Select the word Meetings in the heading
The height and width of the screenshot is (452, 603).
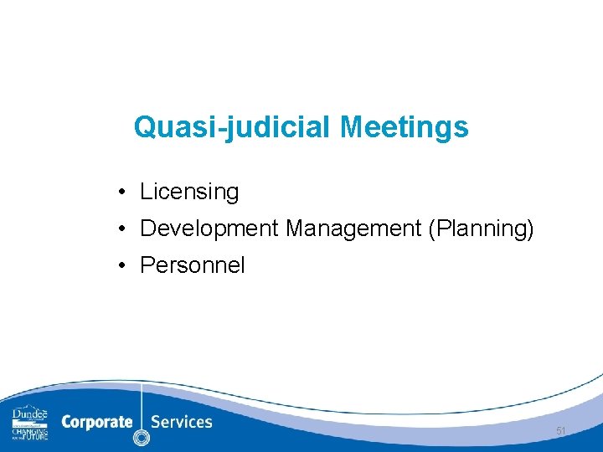click(x=405, y=128)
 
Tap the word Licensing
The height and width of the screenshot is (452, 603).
click(x=189, y=193)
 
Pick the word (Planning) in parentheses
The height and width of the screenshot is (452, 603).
click(x=481, y=229)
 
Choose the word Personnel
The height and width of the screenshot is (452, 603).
click(x=193, y=265)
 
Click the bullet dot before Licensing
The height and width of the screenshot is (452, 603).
click(x=122, y=193)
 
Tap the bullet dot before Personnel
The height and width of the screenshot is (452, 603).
click(x=122, y=266)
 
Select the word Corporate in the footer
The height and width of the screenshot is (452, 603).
click(x=96, y=422)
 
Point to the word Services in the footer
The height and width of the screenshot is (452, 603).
click(x=182, y=421)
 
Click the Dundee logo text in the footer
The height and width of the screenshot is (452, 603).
click(x=30, y=415)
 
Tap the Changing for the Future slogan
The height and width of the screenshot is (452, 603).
click(x=30, y=433)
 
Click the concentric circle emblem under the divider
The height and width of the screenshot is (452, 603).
click(x=142, y=437)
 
